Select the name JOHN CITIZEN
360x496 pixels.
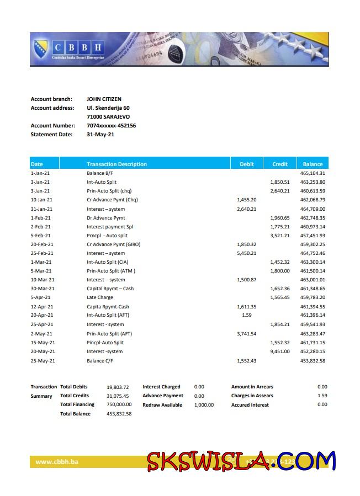[104, 99]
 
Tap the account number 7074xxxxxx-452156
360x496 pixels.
[111, 126]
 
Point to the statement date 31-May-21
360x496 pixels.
[100, 135]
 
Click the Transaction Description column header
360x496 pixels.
[117, 164]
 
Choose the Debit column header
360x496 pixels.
[247, 164]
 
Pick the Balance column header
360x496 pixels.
[313, 164]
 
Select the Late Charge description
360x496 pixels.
[100, 297]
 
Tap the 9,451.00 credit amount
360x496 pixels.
[279, 351]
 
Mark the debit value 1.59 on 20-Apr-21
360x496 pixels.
[247, 315]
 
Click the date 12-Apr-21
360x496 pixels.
[42, 307]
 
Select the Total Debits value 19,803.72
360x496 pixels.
[118, 387]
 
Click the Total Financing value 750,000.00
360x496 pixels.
[119, 404]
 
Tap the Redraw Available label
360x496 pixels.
[162, 405]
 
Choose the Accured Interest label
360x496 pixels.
[250, 405]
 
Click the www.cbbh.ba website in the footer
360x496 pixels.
[56, 461]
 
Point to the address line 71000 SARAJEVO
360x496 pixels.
[108, 117]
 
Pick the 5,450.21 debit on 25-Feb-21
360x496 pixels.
[247, 253]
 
